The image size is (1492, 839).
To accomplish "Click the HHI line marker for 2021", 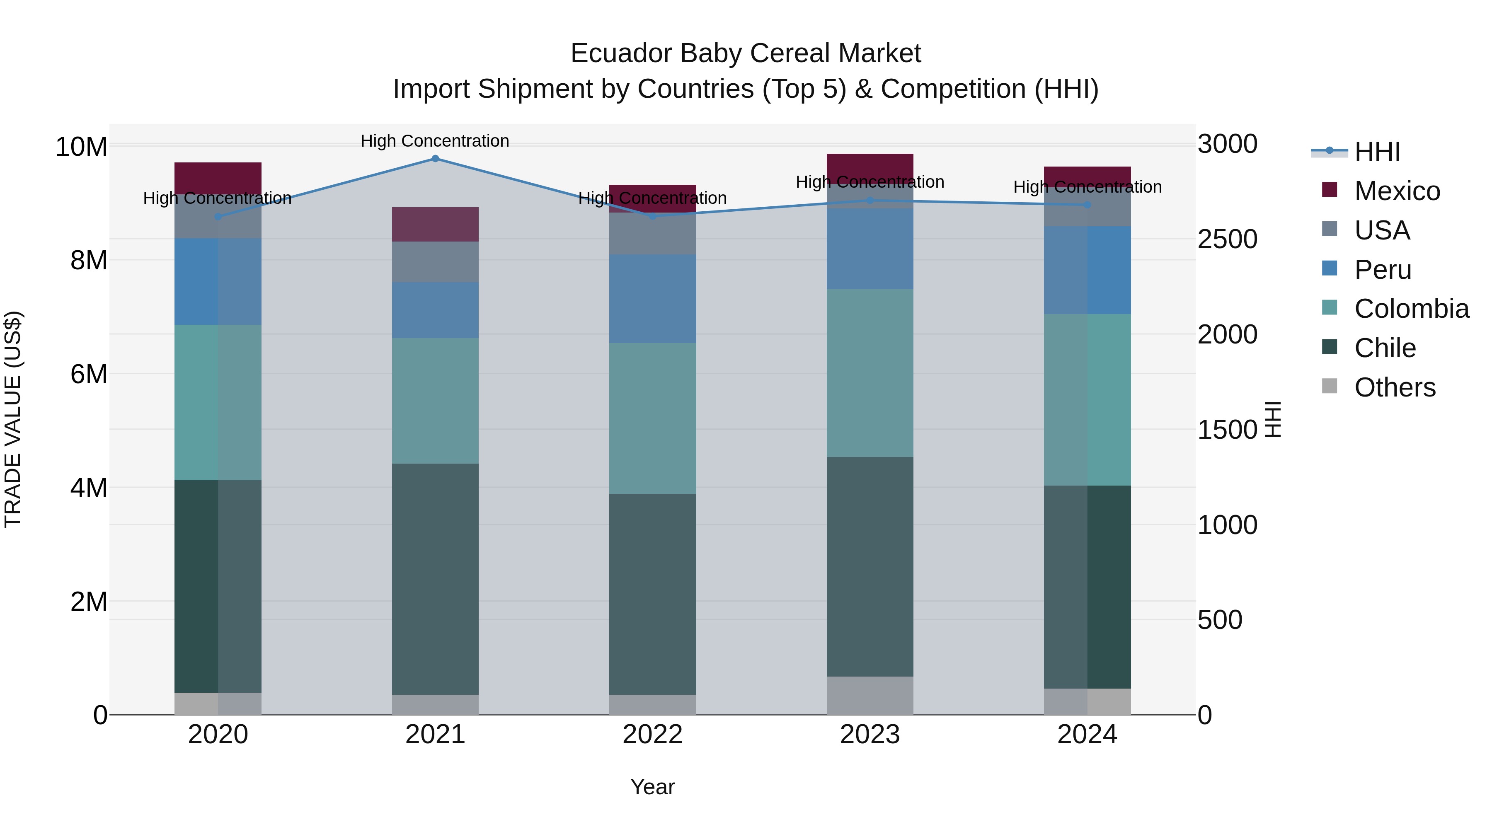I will coord(435,159).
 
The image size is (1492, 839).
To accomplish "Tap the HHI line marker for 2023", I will coord(870,201).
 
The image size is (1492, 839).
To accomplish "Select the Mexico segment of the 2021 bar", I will coord(435,224).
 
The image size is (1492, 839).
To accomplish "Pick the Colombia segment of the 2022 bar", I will coord(652,418).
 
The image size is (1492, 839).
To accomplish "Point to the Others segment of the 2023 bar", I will coord(870,695).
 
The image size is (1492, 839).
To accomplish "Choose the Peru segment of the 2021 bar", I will coord(435,310).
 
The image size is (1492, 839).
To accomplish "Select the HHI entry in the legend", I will coord(1377,152).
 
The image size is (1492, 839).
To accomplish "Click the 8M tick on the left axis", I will coord(89,261).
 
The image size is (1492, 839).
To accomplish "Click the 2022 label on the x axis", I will coord(652,735).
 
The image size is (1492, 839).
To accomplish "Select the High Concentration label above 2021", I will coord(435,141).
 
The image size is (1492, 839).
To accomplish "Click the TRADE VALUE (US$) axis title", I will coord(13,419).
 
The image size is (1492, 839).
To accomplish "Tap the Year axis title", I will coord(652,787).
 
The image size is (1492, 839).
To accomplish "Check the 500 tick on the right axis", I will coord(1220,620).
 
